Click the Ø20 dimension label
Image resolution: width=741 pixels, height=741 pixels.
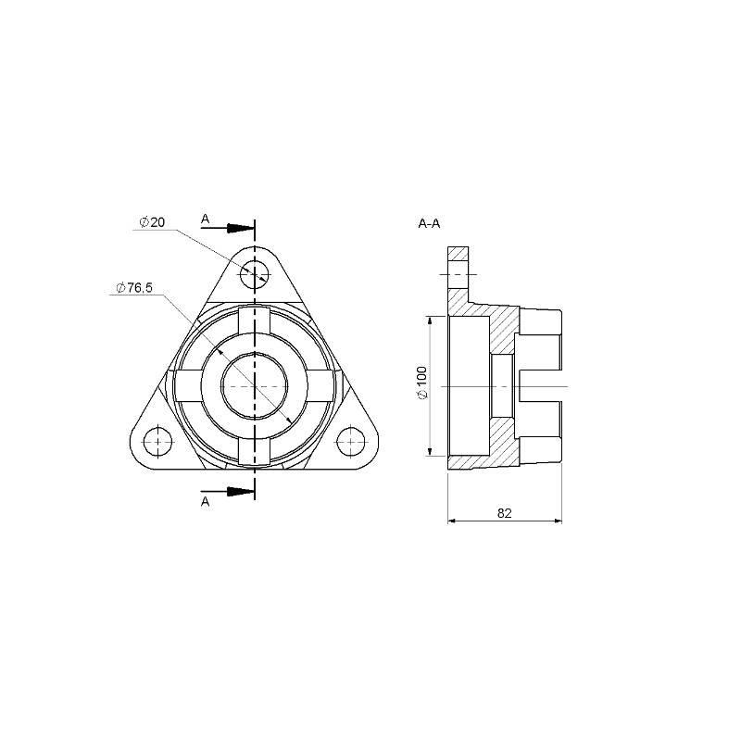(x=152, y=222)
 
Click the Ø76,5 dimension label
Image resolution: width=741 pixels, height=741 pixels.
(x=134, y=288)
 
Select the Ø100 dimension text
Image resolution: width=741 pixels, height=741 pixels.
(x=422, y=383)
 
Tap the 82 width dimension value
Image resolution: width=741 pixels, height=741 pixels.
(x=504, y=513)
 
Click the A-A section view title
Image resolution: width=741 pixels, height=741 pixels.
(x=429, y=223)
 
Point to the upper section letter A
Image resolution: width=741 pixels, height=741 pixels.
(x=205, y=219)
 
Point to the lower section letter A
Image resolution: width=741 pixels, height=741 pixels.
(x=205, y=502)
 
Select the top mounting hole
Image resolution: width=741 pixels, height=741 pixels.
(x=255, y=274)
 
